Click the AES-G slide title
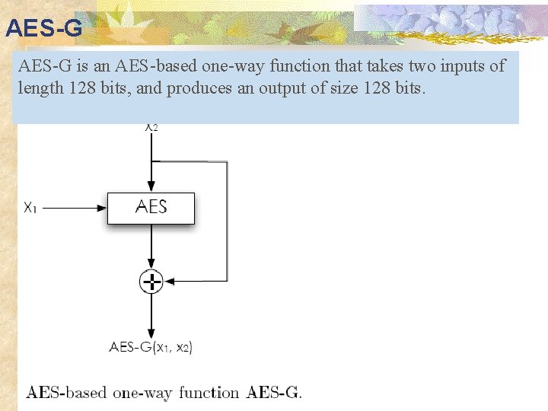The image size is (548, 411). click(x=43, y=28)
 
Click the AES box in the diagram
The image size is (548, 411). click(x=151, y=207)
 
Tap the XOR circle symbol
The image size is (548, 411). click(x=151, y=282)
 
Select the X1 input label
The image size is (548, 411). click(x=31, y=207)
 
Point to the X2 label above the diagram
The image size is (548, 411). click(x=151, y=127)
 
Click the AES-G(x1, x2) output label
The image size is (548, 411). click(x=151, y=347)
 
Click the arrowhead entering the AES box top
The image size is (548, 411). click(x=151, y=186)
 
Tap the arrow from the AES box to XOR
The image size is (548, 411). click(x=151, y=247)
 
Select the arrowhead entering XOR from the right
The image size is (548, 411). click(x=170, y=282)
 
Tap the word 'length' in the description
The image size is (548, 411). click(x=39, y=88)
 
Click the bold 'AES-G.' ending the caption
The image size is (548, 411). click(x=274, y=393)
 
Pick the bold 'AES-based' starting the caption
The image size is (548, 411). click(x=67, y=393)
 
